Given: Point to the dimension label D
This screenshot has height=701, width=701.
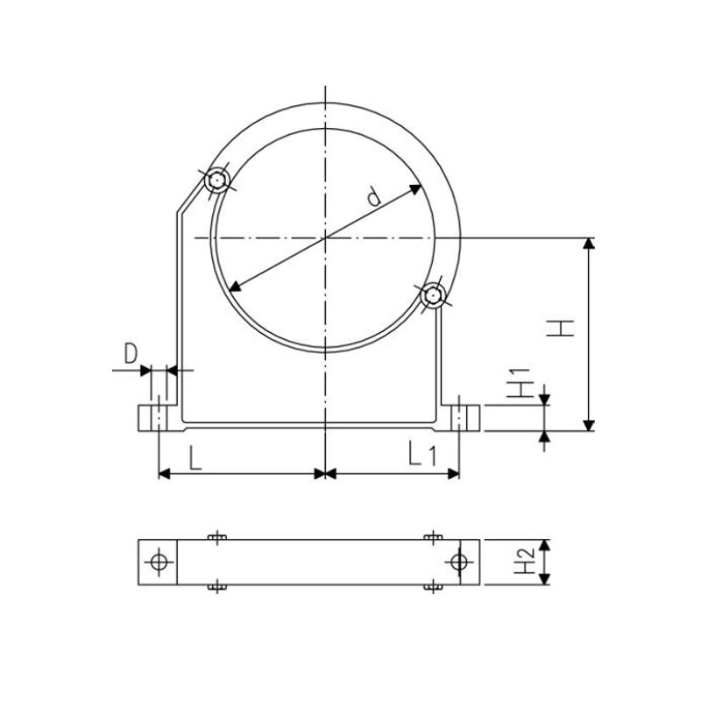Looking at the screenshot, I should click(x=131, y=354).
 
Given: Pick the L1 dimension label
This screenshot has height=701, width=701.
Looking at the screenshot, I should click(x=421, y=454).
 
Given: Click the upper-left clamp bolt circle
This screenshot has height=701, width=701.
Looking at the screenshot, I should click(x=216, y=181).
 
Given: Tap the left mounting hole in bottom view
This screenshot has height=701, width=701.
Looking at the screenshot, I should click(x=158, y=562).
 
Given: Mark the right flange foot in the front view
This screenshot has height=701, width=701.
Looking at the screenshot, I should click(x=462, y=418).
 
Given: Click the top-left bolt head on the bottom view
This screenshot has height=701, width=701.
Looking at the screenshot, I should click(x=216, y=536).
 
